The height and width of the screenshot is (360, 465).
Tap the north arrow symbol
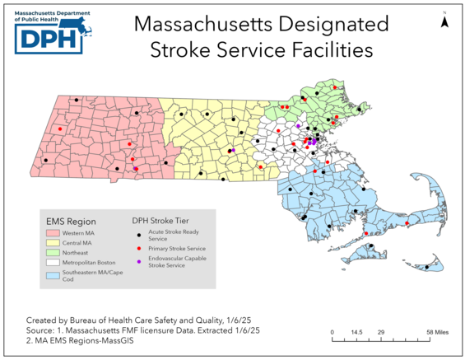(x=444, y=22)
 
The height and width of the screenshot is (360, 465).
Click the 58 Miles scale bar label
(x=437, y=333)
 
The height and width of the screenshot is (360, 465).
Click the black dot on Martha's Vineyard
(x=370, y=246)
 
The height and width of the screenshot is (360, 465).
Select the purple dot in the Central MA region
(x=233, y=150)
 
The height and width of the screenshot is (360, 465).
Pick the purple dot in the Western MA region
(x=136, y=168)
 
